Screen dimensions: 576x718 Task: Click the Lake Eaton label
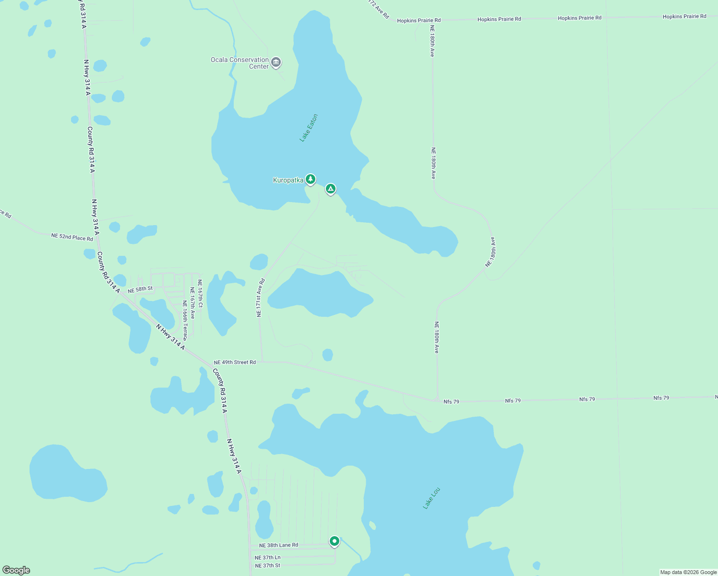pos(309,128)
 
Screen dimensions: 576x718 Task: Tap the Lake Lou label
pos(431,498)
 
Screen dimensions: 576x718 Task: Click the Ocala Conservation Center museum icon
pos(276,62)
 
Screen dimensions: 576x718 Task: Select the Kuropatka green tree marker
pos(311,180)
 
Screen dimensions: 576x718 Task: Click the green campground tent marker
pos(330,189)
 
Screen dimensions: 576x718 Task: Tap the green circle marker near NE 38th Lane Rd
pos(335,541)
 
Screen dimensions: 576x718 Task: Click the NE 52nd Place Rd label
pos(72,237)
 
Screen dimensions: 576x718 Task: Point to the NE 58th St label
pos(140,289)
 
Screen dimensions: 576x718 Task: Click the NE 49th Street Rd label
pos(235,362)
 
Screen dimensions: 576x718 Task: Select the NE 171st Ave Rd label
pos(260,298)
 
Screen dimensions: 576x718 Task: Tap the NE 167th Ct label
pos(200,294)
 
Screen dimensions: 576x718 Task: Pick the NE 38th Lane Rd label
pos(278,545)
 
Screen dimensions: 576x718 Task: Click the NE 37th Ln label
pos(267,557)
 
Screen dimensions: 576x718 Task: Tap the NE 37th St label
pos(267,565)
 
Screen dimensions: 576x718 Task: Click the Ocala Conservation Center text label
pos(239,63)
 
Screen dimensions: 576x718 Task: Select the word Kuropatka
pos(288,180)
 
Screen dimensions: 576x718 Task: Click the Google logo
pos(16,570)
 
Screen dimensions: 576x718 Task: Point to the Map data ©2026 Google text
pos(688,572)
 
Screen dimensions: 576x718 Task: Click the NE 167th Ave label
pos(192,303)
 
